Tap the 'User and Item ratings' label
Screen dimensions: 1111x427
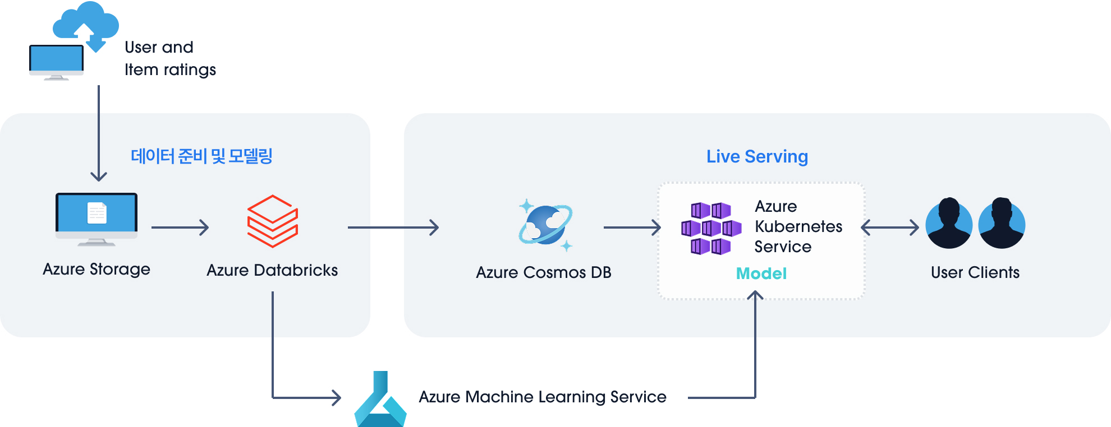click(170, 58)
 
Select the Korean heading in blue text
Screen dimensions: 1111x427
click(201, 156)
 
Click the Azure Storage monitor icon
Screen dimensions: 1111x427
click(97, 219)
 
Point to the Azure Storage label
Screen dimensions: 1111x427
click(97, 270)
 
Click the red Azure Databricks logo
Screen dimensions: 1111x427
click(273, 221)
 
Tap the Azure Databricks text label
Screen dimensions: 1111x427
click(272, 270)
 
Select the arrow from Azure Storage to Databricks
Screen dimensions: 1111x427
click(180, 228)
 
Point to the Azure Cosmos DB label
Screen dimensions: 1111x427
click(544, 272)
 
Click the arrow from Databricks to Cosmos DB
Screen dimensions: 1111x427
click(393, 228)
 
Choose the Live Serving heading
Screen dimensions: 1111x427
click(757, 157)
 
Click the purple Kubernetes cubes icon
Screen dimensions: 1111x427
click(711, 229)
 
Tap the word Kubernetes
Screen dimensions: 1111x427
click(798, 226)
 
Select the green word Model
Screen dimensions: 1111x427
click(761, 273)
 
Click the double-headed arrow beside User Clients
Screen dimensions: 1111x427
click(890, 228)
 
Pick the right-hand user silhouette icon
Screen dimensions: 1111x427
click(1002, 223)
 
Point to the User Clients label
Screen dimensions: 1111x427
click(975, 272)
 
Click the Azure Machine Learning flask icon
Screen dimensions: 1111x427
click(380, 399)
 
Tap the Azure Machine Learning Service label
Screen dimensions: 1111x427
click(543, 397)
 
